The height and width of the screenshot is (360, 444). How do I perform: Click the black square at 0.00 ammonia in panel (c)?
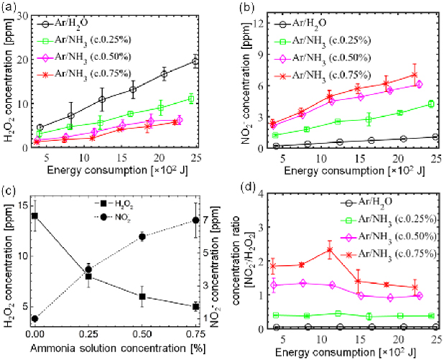(x=34, y=216)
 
